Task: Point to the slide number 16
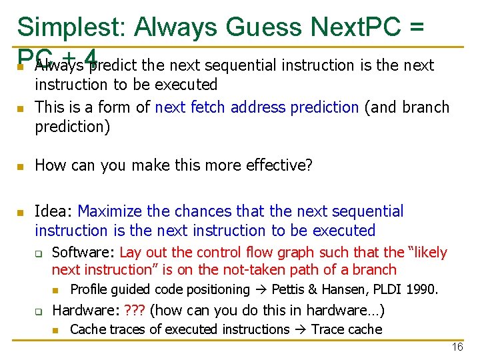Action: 457,347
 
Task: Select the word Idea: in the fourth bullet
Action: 54,211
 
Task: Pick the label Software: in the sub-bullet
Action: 84,252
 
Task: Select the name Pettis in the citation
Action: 287,289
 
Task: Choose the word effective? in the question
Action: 279,165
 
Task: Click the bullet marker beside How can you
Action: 21,165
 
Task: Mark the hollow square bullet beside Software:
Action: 39,253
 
